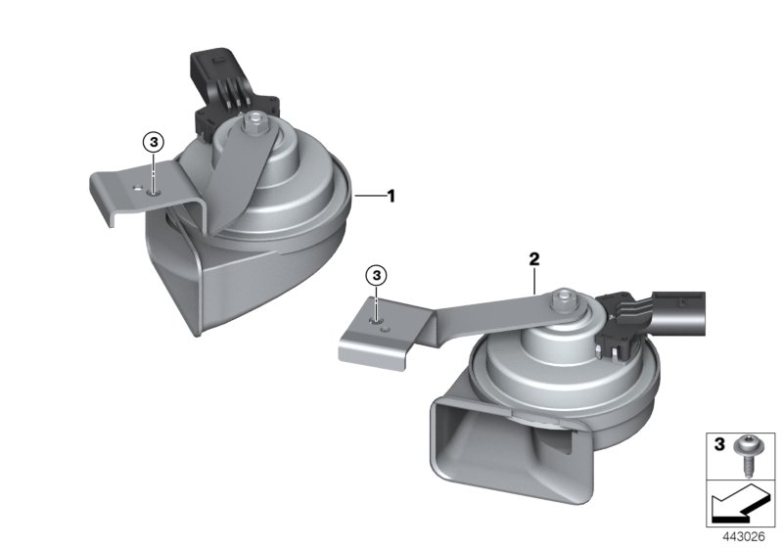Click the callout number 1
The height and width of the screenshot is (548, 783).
click(391, 196)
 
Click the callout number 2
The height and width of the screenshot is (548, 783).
click(534, 259)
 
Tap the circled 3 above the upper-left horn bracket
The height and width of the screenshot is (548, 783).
click(154, 142)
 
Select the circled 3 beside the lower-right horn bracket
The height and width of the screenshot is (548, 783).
click(377, 275)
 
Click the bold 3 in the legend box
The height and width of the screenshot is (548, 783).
click(719, 443)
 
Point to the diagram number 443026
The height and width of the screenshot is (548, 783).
click(744, 537)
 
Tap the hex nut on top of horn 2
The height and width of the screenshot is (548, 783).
click(564, 297)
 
